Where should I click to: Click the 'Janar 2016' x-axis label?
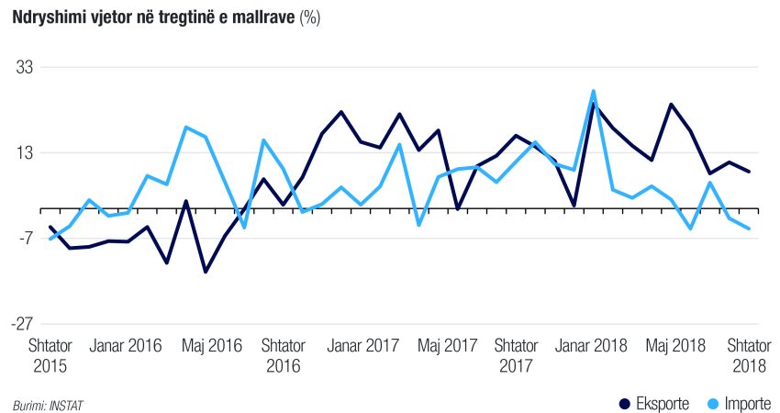click(127, 346)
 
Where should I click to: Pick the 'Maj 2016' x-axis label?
click(212, 346)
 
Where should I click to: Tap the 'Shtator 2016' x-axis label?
click(284, 355)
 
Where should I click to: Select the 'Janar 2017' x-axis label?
click(363, 346)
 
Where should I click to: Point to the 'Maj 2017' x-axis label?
click(448, 346)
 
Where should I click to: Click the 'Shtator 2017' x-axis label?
click(516, 355)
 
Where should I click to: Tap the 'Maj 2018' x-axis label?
click(675, 346)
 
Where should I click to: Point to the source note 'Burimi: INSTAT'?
click(41, 404)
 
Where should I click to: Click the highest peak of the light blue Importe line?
click(594, 91)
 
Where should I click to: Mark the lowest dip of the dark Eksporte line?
click(206, 272)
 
